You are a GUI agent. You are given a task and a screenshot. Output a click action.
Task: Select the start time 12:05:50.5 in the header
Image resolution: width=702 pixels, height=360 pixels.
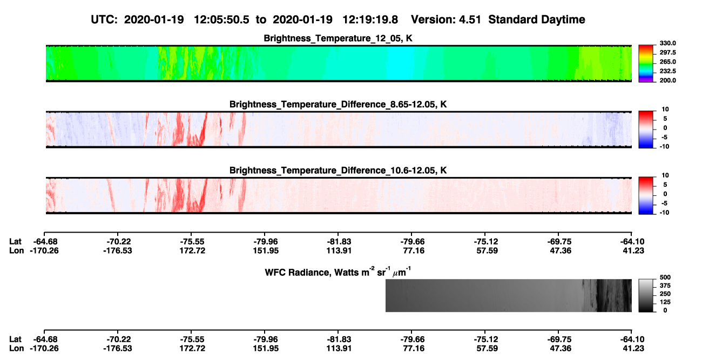(x=221, y=19)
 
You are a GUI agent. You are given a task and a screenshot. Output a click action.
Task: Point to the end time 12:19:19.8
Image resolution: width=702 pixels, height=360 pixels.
(x=370, y=19)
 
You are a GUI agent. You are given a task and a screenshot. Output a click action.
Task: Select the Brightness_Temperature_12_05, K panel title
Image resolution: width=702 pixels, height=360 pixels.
(x=338, y=38)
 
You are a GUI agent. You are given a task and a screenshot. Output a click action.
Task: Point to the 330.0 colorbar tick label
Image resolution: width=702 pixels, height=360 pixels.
(x=667, y=43)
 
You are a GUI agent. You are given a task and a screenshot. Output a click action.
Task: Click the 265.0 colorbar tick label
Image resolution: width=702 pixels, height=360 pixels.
(x=667, y=62)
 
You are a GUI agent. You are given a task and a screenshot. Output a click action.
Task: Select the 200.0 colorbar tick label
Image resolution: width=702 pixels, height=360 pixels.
(x=667, y=80)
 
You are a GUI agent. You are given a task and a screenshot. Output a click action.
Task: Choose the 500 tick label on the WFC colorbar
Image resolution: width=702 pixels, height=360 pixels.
(x=665, y=277)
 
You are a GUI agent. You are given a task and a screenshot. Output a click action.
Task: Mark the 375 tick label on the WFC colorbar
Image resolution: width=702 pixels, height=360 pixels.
(x=665, y=286)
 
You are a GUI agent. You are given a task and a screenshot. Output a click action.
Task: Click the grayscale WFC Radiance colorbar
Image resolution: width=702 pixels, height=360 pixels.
(x=646, y=295)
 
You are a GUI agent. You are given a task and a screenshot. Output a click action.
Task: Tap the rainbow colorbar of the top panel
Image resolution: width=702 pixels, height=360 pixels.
(x=646, y=64)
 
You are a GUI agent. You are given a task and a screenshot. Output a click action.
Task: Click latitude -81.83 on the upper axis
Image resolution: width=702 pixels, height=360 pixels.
(x=339, y=242)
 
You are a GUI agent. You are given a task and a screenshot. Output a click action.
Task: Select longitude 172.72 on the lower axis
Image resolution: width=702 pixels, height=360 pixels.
(x=192, y=349)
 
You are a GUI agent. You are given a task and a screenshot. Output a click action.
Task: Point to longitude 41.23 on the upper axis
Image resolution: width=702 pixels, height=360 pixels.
(x=633, y=250)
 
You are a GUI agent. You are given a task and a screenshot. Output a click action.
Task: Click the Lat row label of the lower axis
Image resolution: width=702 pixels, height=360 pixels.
(x=15, y=339)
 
